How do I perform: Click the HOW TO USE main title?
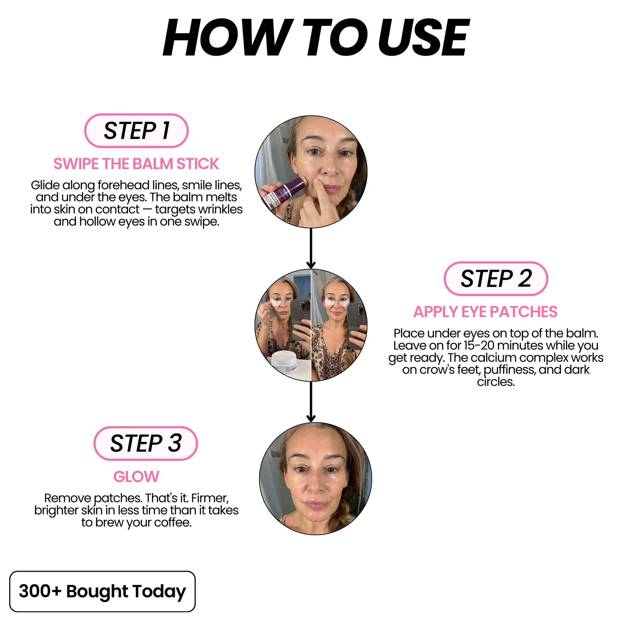click(316, 37)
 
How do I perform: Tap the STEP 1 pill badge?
click(136, 131)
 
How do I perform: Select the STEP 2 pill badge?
click(495, 279)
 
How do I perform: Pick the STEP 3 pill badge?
click(146, 443)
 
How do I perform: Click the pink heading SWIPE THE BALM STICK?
click(136, 164)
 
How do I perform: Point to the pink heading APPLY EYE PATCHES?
click(485, 312)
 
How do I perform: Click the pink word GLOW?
click(136, 476)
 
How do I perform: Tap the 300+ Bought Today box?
click(102, 591)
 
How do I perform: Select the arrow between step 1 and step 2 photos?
click(311, 248)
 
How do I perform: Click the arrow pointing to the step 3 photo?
click(311, 402)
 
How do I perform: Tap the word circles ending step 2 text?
click(496, 382)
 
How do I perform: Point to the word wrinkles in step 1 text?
click(220, 209)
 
